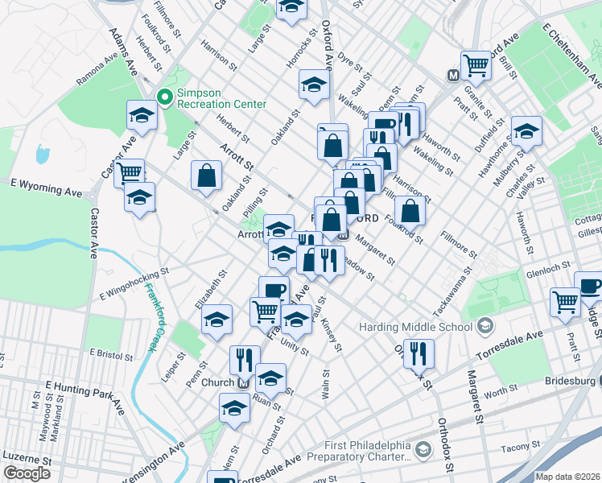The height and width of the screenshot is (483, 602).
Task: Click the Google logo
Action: [x=27, y=473]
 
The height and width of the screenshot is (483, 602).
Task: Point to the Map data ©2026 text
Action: [x=567, y=477]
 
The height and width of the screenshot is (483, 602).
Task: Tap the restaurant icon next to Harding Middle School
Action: [x=419, y=352]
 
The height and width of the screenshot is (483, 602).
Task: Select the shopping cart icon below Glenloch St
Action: [x=565, y=302]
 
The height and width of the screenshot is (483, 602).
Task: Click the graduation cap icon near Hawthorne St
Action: [x=526, y=130]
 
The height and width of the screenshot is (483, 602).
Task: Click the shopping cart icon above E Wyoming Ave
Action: [x=129, y=171]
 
